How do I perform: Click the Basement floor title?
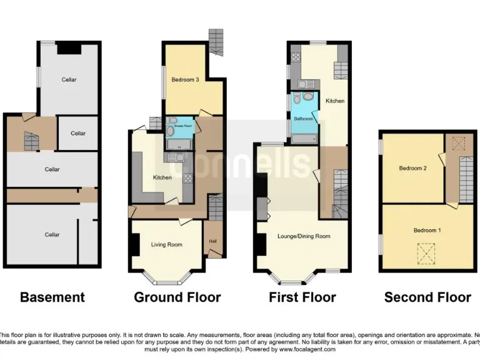coord(52,297)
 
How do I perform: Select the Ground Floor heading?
coord(177,297)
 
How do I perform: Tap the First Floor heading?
coord(302,297)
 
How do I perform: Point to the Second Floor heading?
coord(427,297)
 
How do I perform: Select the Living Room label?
coord(167,244)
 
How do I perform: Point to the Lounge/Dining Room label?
coord(304,236)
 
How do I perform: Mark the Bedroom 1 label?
coord(427,231)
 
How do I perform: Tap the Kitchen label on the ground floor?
coord(162,177)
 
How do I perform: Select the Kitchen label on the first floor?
coord(334,101)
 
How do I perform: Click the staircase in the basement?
coord(31,141)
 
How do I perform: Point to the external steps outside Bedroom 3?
coord(216,41)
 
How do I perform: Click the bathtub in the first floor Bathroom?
coord(304,138)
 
